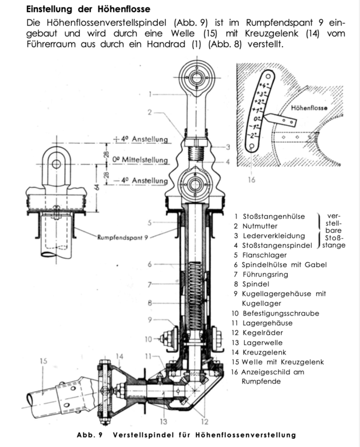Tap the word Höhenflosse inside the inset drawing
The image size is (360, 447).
point(309,108)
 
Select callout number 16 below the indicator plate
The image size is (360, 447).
point(252,180)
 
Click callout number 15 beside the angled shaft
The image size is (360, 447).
point(43,361)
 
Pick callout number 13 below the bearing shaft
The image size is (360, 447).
point(164,421)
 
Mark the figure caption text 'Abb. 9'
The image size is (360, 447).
point(89,435)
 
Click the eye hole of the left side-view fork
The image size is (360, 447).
point(56,164)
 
